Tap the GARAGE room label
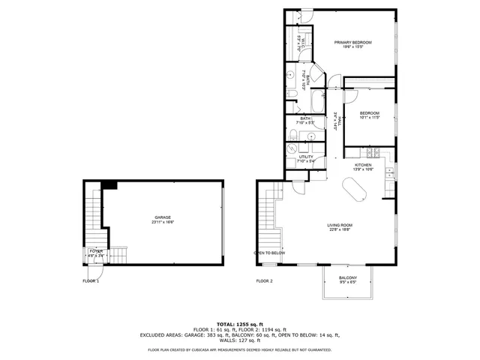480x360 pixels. pos(163,218)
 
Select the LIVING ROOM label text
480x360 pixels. pos(340,225)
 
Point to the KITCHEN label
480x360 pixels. pos(363,165)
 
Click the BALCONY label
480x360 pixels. pos(347,277)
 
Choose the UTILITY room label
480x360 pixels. pos(306,157)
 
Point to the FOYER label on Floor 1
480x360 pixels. pos(96,250)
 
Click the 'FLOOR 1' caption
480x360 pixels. pos(91,280)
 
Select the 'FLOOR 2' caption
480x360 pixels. pos(264,280)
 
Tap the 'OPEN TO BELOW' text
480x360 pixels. pos(269,253)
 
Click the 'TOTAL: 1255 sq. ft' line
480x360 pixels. pos(239,323)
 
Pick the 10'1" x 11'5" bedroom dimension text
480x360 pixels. pos(370,118)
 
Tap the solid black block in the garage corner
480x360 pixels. pos(109,185)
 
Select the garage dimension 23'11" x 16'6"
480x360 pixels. pos(163,223)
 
